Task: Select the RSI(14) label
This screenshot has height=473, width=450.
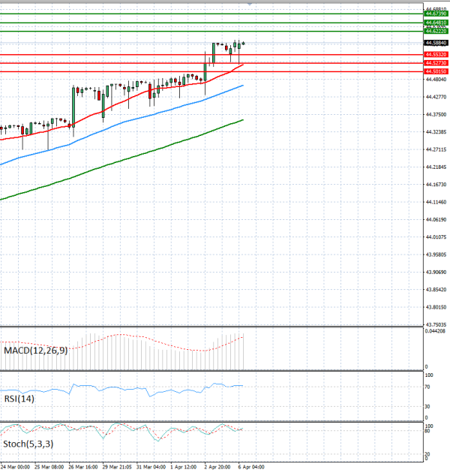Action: (x=17, y=399)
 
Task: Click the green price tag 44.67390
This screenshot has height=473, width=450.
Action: (x=436, y=14)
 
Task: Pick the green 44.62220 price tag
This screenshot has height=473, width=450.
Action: (x=436, y=32)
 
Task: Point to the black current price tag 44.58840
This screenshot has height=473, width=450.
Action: (x=436, y=44)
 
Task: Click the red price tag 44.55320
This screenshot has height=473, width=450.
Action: (x=436, y=55)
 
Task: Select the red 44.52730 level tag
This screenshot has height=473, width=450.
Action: (x=436, y=63)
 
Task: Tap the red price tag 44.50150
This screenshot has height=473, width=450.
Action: (x=436, y=71)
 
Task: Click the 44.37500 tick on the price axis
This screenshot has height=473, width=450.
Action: (x=436, y=114)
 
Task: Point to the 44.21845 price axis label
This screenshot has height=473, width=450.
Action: (x=436, y=167)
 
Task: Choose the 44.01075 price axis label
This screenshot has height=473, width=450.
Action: (x=436, y=237)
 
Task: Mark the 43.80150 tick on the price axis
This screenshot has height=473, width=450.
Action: (x=436, y=307)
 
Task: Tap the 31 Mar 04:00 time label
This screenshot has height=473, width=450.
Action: (x=150, y=466)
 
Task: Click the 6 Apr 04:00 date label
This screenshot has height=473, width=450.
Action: (x=250, y=466)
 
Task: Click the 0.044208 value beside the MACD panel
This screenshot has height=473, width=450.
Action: (x=436, y=331)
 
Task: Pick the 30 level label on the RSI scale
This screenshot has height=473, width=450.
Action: (x=427, y=407)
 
